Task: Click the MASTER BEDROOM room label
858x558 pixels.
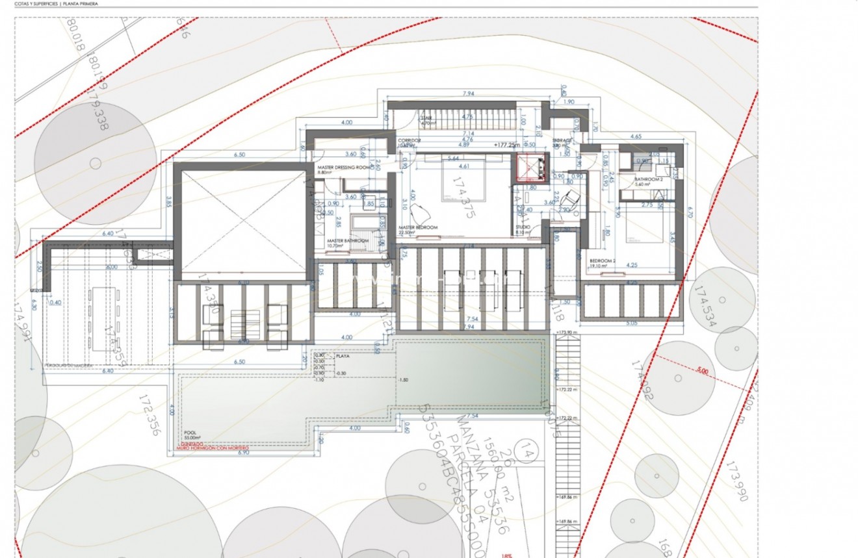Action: (x=418, y=227)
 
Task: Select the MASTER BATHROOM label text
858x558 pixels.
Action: (x=348, y=241)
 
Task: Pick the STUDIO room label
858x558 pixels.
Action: (x=523, y=227)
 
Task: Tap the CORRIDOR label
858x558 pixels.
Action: (x=411, y=140)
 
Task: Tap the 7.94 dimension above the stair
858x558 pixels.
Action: (x=467, y=94)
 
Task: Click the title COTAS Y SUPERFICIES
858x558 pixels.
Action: (x=36, y=4)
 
